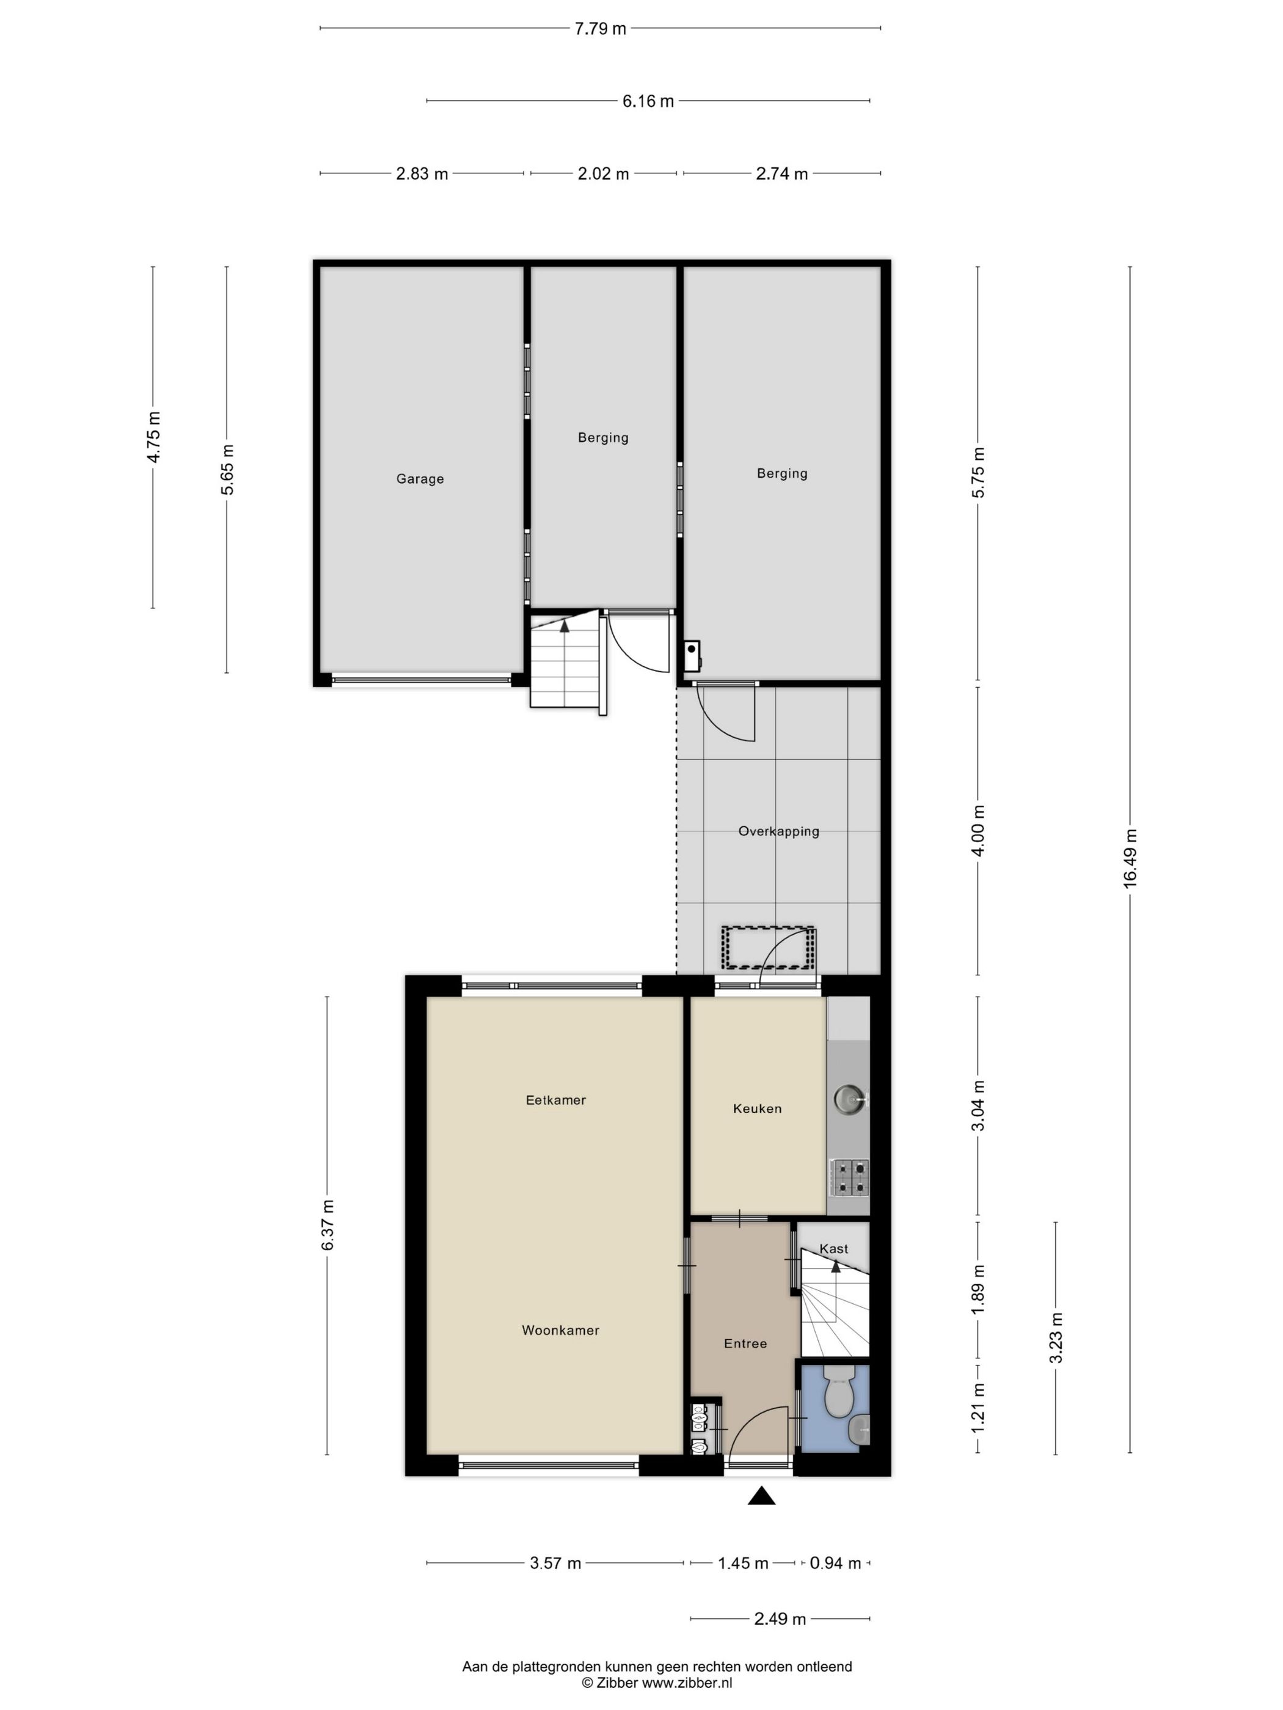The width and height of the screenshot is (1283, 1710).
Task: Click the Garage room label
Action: pos(420,479)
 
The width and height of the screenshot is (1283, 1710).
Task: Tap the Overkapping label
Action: pos(778,831)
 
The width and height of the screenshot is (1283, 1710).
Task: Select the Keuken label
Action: pos(757,1108)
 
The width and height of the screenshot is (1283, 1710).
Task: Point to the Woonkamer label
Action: pos(560,1330)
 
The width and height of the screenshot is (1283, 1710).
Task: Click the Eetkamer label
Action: pos(555,1099)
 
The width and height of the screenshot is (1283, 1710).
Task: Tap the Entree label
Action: pos(745,1343)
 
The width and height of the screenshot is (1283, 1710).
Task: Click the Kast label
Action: pos(833,1248)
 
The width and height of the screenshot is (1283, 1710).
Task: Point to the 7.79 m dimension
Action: pos(600,29)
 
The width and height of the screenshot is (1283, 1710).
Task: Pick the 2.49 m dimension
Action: pos(780,1618)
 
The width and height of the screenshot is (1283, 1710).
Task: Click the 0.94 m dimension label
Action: pos(835,1563)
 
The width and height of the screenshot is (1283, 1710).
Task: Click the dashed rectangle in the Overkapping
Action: pos(767,947)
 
